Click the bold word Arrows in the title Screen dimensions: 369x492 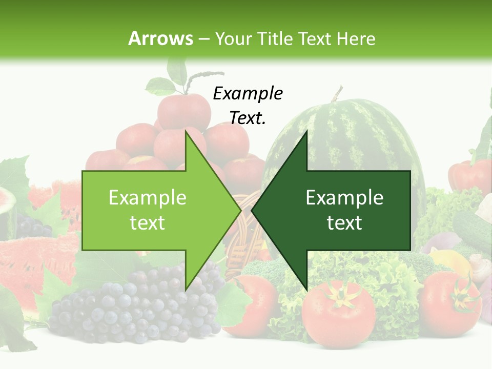(161, 38)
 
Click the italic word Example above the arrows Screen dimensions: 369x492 (248, 94)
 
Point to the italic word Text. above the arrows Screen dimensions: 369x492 (248, 118)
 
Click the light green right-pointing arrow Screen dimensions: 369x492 (154, 210)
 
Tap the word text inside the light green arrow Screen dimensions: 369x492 (147, 223)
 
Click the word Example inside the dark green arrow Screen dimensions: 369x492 (344, 197)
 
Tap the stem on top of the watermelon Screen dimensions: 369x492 (336, 94)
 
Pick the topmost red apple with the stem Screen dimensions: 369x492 (183, 110)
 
